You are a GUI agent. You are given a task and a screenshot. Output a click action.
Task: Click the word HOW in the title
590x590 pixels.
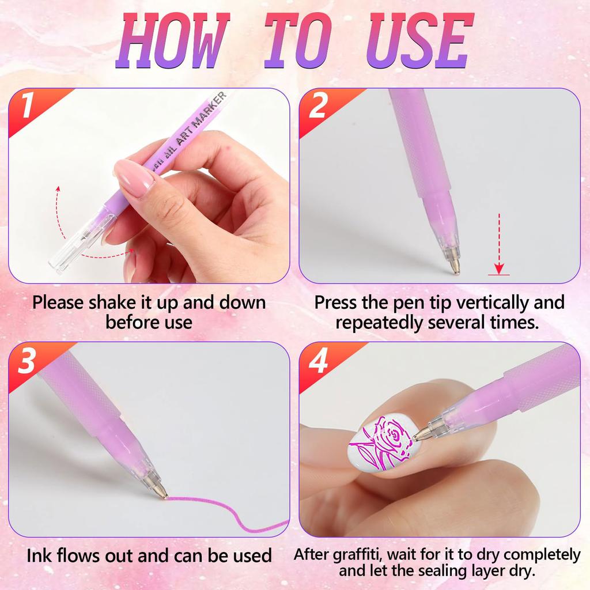click(173, 41)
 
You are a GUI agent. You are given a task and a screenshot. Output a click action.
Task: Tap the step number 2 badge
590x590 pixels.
click(317, 107)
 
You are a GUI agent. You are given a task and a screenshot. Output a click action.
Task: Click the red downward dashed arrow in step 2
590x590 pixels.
click(499, 242)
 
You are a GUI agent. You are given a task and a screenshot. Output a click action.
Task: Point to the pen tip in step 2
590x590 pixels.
click(454, 266)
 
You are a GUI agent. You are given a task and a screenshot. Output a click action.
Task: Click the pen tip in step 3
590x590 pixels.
click(161, 491)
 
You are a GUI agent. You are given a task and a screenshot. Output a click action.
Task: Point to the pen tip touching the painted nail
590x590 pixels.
click(419, 436)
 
